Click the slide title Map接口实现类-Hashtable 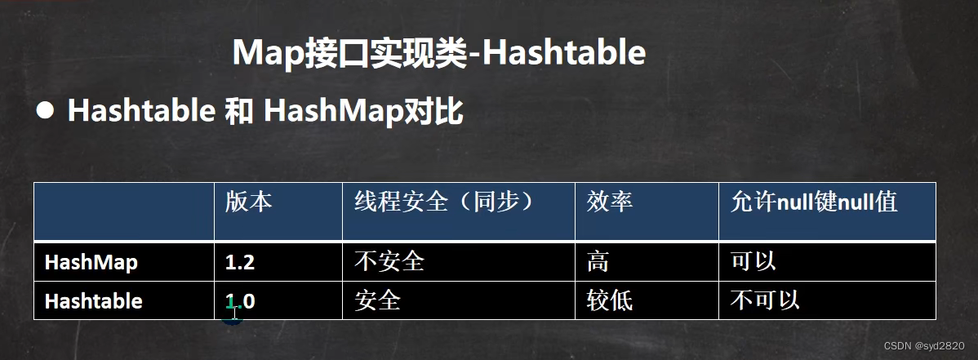click(x=438, y=52)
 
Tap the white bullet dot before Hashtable click(x=45, y=111)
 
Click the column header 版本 click(x=248, y=202)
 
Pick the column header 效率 click(x=609, y=202)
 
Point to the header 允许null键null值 click(x=814, y=202)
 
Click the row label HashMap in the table click(x=91, y=262)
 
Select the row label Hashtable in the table click(x=94, y=301)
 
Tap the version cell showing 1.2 click(x=240, y=262)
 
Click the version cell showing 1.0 click(x=240, y=301)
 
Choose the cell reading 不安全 click(x=389, y=261)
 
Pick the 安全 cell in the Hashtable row click(x=377, y=300)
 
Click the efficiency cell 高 click(x=598, y=261)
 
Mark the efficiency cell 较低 click(x=609, y=300)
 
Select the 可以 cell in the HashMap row click(x=754, y=261)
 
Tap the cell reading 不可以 click(x=765, y=300)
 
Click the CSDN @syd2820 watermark click(x=924, y=345)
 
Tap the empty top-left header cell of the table click(x=124, y=211)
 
